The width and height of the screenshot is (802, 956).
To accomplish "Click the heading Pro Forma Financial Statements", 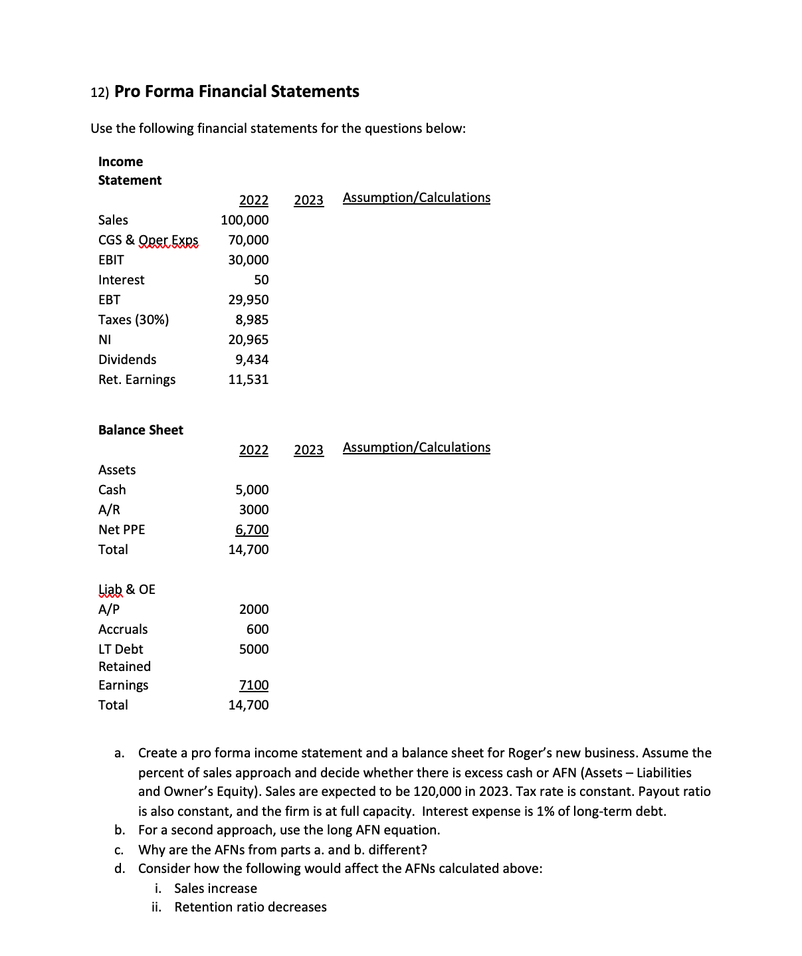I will (x=237, y=92).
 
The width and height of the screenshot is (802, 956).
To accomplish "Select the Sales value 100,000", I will (x=245, y=220).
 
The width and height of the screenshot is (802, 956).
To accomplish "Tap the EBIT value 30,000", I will (x=249, y=260).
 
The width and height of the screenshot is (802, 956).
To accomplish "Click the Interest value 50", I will (x=261, y=280).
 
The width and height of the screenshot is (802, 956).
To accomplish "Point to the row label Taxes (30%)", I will (x=134, y=320).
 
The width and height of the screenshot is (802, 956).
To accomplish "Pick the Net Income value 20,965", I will (x=249, y=339).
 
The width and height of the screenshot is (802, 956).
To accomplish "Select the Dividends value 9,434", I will (x=252, y=359).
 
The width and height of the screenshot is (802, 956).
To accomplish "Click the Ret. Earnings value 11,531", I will (x=249, y=379).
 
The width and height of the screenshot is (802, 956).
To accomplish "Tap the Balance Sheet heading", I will (x=141, y=430).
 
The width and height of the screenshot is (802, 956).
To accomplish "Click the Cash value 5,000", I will (x=252, y=490).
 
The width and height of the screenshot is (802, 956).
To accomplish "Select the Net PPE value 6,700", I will (x=252, y=529).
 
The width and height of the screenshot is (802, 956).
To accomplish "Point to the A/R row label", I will (x=110, y=510).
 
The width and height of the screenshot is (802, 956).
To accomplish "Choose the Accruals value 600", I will (x=257, y=629).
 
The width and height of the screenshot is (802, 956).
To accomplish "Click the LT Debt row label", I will (x=121, y=649).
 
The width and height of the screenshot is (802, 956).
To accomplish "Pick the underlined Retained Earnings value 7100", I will (x=254, y=685).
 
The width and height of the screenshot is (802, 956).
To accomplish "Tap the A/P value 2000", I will (x=254, y=609).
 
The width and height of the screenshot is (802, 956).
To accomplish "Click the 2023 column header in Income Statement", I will (x=308, y=200).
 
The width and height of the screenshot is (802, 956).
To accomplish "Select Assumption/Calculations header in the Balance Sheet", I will (x=417, y=447).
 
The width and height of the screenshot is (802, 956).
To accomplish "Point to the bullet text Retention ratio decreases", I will (x=251, y=907).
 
